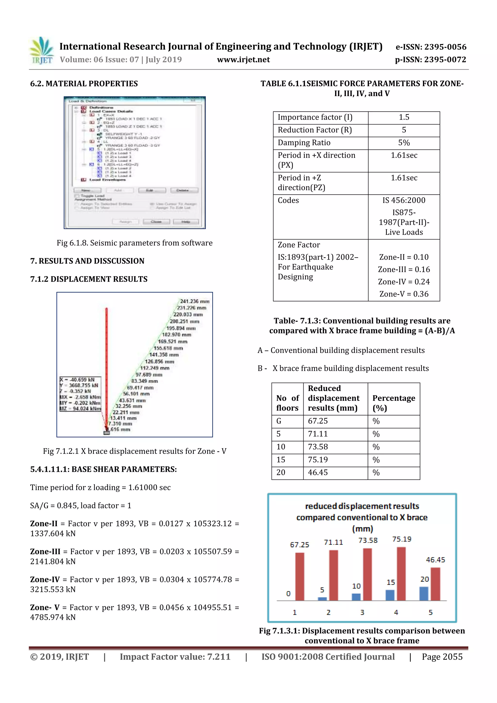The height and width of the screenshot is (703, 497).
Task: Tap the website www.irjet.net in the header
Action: [243, 60]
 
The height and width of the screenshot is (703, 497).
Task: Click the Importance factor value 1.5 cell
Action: [404, 117]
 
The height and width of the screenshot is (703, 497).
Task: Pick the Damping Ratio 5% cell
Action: [404, 143]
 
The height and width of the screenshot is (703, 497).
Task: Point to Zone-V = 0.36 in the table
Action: [404, 294]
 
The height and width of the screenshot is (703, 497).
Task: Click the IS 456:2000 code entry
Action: [404, 200]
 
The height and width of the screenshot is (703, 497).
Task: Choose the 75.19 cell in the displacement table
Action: [318, 460]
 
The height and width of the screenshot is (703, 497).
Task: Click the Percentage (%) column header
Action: [393, 403]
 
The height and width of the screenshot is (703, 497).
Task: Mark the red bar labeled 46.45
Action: [435, 584]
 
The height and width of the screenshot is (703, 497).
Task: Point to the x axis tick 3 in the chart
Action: [362, 612]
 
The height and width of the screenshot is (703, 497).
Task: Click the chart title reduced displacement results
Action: [362, 506]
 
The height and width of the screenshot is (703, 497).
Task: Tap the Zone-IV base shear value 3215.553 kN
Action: [53, 589]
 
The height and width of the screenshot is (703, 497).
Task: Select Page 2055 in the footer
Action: [442, 657]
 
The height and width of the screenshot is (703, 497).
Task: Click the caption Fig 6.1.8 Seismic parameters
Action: [134, 243]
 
